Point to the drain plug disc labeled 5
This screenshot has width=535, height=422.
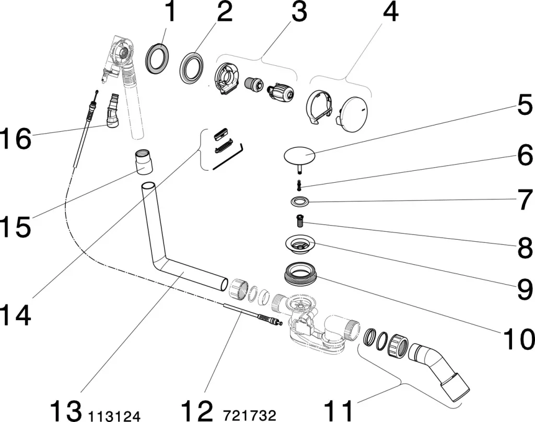[x=300, y=155]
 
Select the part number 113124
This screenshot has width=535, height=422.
[x=114, y=416]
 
